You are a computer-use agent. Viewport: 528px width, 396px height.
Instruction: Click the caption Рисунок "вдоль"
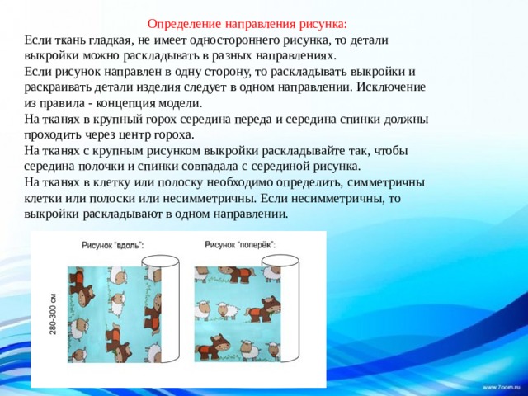[113, 245]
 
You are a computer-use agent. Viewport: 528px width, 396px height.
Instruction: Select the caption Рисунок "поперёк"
[240, 244]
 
